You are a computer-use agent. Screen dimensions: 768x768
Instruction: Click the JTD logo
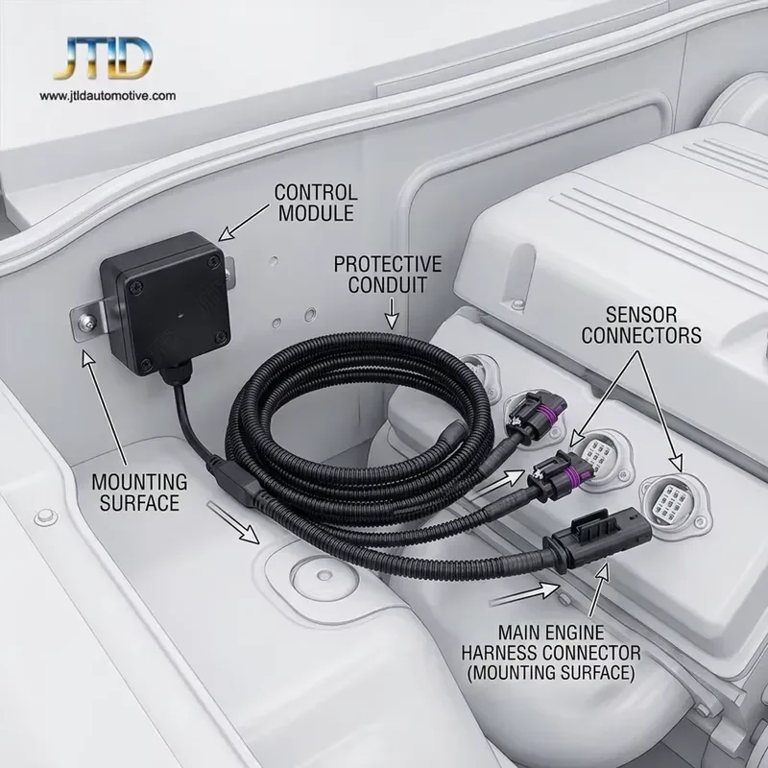[x=103, y=58]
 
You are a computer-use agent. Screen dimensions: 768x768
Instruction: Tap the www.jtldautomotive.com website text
[x=108, y=95]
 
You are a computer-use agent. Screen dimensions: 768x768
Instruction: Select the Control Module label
[x=316, y=203]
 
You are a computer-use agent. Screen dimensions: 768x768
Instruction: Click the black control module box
[x=165, y=302]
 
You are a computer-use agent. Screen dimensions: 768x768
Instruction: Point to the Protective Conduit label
[x=388, y=275]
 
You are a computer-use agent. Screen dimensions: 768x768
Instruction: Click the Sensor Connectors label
[x=641, y=325]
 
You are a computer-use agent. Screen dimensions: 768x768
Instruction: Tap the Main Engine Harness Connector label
[x=551, y=653]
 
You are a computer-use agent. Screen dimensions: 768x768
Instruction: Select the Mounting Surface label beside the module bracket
[x=139, y=492]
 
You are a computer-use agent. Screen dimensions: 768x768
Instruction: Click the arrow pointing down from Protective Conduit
[x=392, y=314]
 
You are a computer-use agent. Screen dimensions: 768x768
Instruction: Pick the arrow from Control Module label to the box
[x=243, y=223]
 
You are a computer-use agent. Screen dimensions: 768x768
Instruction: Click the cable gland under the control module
[x=175, y=376]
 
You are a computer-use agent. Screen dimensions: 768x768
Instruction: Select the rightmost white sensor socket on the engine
[x=675, y=505]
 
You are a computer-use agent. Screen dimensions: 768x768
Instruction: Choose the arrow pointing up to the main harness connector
[x=598, y=589]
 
